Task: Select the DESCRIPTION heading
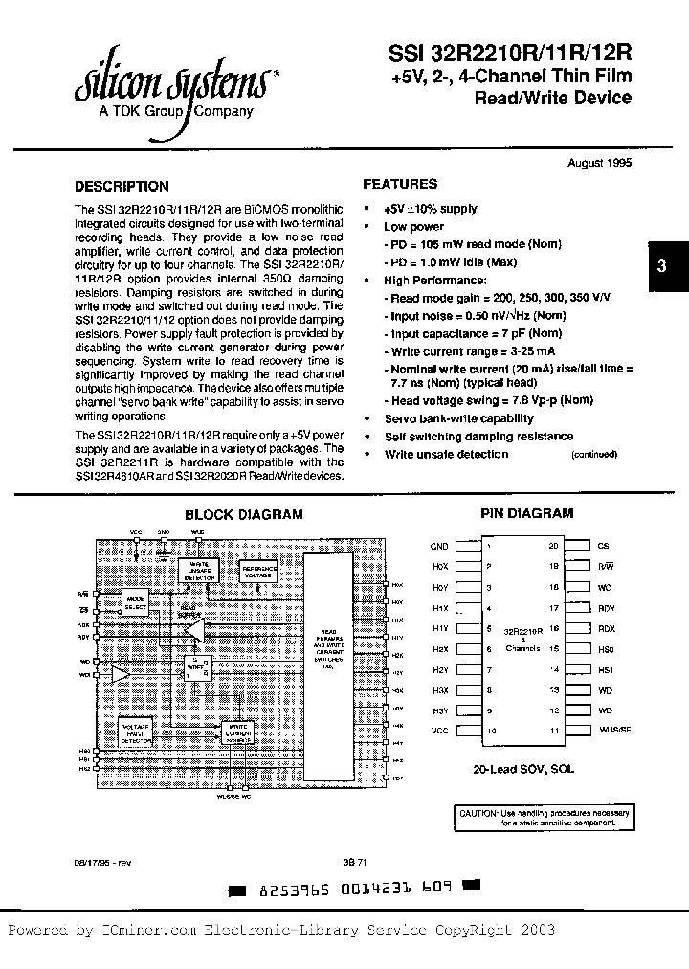pos(122,187)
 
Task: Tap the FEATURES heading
pos(400,184)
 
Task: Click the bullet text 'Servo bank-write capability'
pos(458,418)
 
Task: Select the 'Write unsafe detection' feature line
pos(446,454)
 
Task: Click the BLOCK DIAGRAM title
pos(243,514)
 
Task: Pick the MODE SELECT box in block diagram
pos(136,602)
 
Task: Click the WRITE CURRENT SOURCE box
pos(236,732)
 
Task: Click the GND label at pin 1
pos(438,547)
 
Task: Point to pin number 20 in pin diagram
pos(552,546)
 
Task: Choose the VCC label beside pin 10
pos(438,731)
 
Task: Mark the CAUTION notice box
pos(544,816)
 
